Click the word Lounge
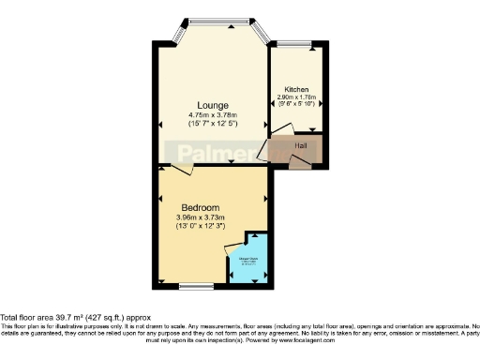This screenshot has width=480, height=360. point(213,105)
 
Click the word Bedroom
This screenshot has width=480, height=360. point(201,207)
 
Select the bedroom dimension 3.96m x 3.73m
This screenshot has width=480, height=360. point(201,217)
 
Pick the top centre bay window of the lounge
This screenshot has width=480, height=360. point(214,21)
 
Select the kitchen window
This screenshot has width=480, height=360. point(298,43)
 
